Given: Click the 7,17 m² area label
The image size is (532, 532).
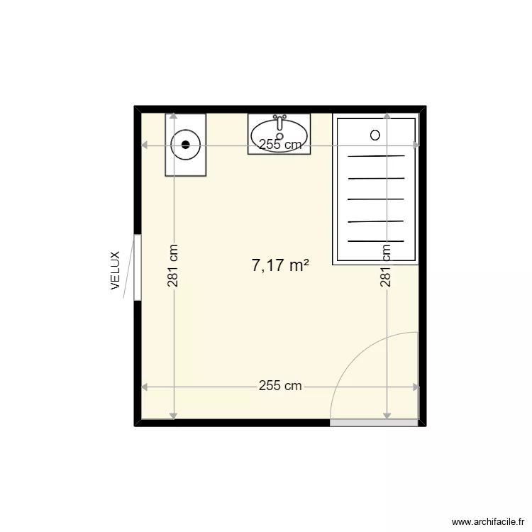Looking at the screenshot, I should pyautogui.click(x=280, y=266).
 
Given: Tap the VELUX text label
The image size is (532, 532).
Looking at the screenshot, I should pyautogui.click(x=116, y=271).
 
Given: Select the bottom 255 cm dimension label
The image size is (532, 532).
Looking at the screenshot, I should pyautogui.click(x=280, y=387).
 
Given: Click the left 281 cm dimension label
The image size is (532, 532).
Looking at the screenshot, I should pyautogui.click(x=173, y=266).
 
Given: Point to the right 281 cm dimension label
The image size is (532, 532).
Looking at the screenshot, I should pyautogui.click(x=387, y=266).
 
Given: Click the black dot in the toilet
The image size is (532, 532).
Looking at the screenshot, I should pyautogui.click(x=186, y=144).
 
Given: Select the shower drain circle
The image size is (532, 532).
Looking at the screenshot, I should pyautogui.click(x=375, y=135).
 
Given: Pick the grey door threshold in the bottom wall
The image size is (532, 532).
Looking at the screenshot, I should pyautogui.click(x=374, y=423).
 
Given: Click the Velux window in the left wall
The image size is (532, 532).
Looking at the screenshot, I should pyautogui.click(x=138, y=267).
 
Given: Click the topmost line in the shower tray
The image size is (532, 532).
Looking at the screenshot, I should pyautogui.click(x=376, y=156).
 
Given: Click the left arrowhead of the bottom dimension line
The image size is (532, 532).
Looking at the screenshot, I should pyautogui.click(x=145, y=387).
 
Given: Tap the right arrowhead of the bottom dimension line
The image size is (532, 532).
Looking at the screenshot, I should pyautogui.click(x=416, y=387).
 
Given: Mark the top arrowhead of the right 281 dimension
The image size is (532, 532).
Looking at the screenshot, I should pyautogui.click(x=387, y=116).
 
